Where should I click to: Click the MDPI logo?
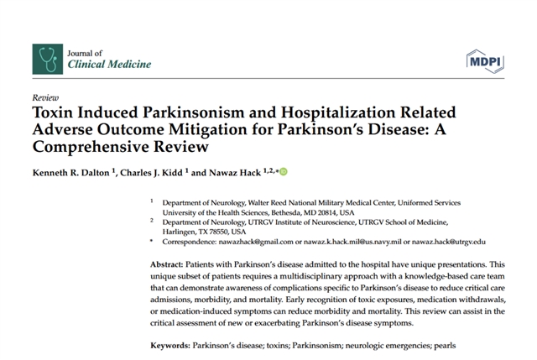pos(484,59)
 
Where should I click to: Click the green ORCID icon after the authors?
pos(284,172)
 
